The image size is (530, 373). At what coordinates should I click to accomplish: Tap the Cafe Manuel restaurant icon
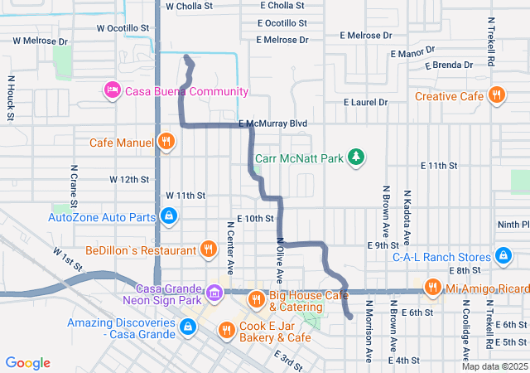(166, 142)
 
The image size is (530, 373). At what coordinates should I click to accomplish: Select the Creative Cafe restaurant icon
(497, 96)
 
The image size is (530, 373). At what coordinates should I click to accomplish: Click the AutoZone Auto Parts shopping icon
(169, 217)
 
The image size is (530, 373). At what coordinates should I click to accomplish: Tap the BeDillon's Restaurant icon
(208, 249)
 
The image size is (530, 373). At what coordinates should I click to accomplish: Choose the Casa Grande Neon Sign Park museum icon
(214, 292)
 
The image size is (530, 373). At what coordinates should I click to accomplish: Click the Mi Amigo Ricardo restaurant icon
(431, 288)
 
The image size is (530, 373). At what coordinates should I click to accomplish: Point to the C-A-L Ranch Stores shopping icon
(503, 255)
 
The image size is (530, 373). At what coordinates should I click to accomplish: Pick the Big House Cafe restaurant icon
(256, 298)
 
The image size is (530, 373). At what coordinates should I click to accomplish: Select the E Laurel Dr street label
(366, 103)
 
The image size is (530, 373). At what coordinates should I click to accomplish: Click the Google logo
(28, 363)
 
